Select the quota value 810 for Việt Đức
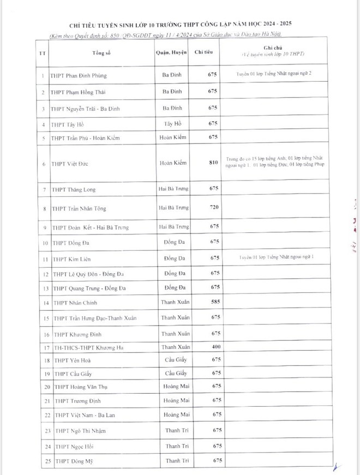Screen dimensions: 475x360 (213, 163)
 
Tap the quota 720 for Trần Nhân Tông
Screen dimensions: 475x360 (213, 208)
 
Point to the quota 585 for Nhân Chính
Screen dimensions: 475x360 (213, 302)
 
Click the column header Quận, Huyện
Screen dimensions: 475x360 (172, 52)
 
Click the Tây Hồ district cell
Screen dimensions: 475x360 (172, 124)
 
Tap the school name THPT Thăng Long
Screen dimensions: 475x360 (74, 189)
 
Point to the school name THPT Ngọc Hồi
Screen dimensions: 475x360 (71, 446)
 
